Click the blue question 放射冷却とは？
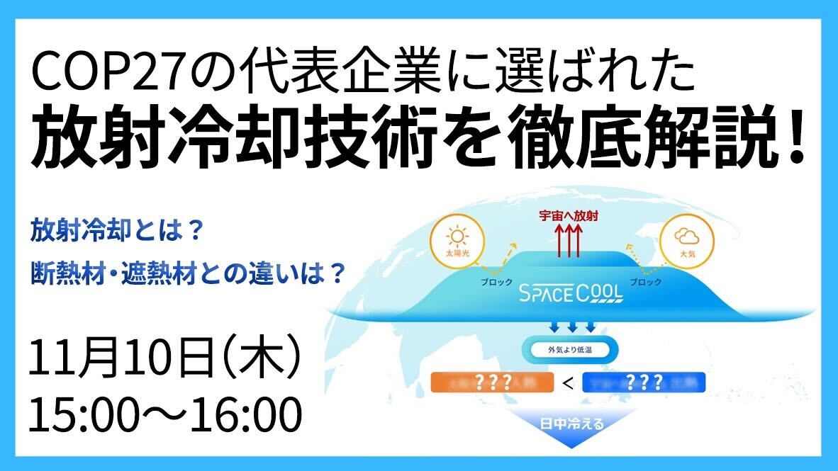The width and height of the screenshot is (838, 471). coord(118,230)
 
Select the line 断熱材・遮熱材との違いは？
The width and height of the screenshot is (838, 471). coord(188,273)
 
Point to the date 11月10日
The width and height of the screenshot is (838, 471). coord(121,363)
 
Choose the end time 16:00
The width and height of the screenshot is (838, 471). coord(240,416)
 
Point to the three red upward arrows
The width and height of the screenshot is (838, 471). coord(568,242)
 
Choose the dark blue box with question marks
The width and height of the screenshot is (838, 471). coord(644,383)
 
